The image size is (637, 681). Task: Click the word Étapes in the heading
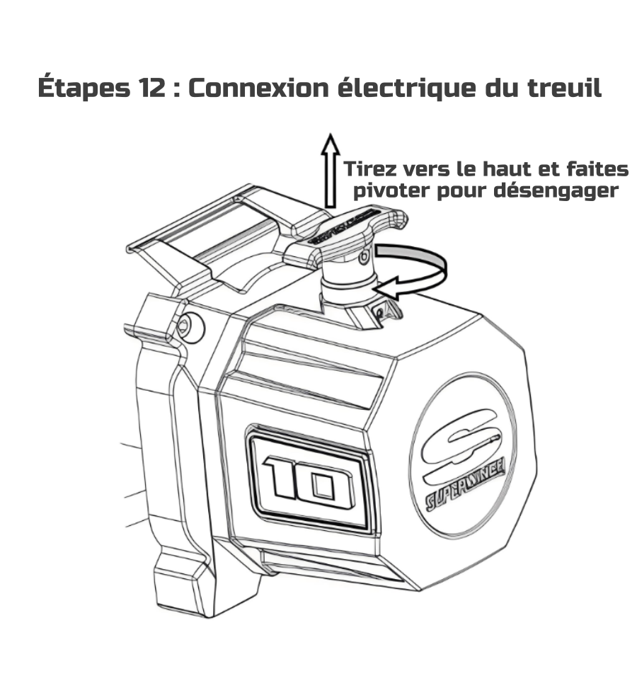pos(84,87)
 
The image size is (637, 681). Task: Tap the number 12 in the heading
pos(152,88)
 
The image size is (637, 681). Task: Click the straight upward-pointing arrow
pos(331,170)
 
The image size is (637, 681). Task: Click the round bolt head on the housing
pos(190,326)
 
